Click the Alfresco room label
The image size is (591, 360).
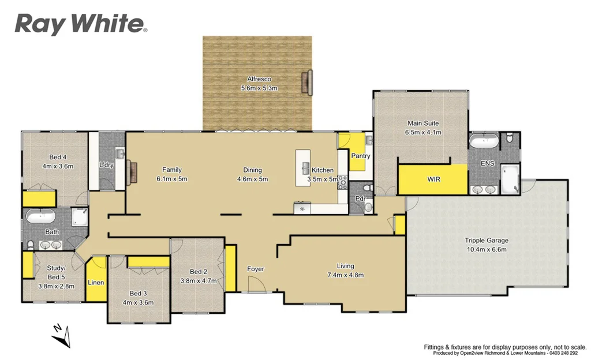(259, 79)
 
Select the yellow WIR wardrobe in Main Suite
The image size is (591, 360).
(433, 179)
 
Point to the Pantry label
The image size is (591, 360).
(360, 156)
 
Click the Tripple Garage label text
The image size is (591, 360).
(487, 241)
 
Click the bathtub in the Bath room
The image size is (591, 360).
(40, 218)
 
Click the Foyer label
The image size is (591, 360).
(256, 269)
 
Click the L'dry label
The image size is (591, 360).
(106, 164)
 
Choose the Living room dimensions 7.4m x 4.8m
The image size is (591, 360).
(346, 275)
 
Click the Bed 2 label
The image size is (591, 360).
(198, 272)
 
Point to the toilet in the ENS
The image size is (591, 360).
(508, 139)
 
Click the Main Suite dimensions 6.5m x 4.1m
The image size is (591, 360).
(423, 132)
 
